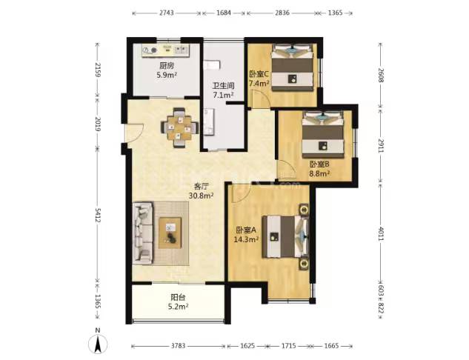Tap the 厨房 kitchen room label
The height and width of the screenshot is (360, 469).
pyautogui.click(x=167, y=66)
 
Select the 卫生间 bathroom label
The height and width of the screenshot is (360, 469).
pyautogui.click(x=223, y=86)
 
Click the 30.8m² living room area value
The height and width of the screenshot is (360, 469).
pyautogui.click(x=201, y=196)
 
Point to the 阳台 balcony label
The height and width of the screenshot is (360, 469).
pyautogui.click(x=178, y=297)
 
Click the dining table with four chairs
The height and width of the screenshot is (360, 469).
pyautogui.click(x=179, y=127)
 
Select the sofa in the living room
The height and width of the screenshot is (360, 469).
pyautogui.click(x=143, y=233)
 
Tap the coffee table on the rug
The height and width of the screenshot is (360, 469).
pyautogui.click(x=170, y=233)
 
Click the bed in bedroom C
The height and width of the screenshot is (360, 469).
pyautogui.click(x=292, y=67)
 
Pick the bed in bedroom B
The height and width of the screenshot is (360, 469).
pyautogui.click(x=322, y=135)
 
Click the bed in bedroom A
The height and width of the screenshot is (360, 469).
pyautogui.click(x=285, y=236)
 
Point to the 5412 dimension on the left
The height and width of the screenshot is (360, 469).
pyautogui.click(x=97, y=220)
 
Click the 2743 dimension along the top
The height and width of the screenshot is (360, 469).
pyautogui.click(x=166, y=13)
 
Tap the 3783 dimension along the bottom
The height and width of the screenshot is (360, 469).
pyautogui.click(x=179, y=346)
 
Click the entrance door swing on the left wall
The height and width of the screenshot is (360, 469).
pyautogui.click(x=134, y=133)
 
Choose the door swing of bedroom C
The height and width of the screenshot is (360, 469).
pyautogui.click(x=259, y=99)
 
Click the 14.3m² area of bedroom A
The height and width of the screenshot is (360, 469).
pyautogui.click(x=246, y=239)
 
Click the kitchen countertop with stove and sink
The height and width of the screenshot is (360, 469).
pyautogui.click(x=166, y=50)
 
